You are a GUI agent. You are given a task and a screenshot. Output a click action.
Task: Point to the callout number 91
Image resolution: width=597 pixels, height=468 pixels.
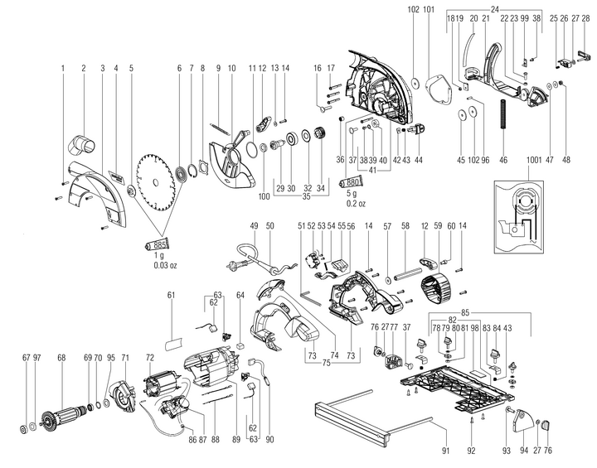[444, 451]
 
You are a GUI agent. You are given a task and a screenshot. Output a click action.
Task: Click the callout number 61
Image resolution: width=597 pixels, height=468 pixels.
[172, 295]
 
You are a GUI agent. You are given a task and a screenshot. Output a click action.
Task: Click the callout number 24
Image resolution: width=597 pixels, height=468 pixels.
[496, 9]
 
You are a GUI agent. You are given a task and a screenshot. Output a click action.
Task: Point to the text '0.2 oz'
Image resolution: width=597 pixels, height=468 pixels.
[350, 203]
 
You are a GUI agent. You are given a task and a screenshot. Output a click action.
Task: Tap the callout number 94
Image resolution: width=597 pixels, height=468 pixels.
[524, 451]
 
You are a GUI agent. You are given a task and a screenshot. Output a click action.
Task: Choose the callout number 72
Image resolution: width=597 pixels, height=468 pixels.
[150, 357]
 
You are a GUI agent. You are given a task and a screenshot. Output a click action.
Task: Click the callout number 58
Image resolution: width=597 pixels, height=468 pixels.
[405, 225]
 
